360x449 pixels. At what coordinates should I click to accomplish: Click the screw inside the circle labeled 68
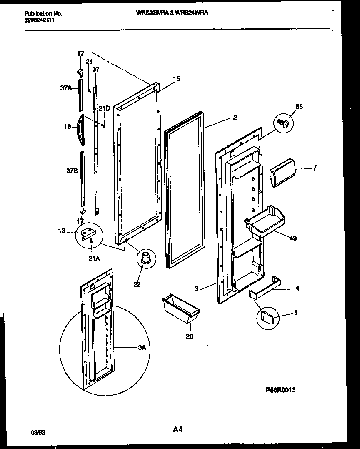283,123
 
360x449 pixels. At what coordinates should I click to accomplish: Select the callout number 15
177,79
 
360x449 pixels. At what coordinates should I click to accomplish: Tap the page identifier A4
178,429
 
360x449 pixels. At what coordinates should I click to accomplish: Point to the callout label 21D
105,109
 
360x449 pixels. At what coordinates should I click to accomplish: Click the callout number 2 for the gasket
235,118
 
